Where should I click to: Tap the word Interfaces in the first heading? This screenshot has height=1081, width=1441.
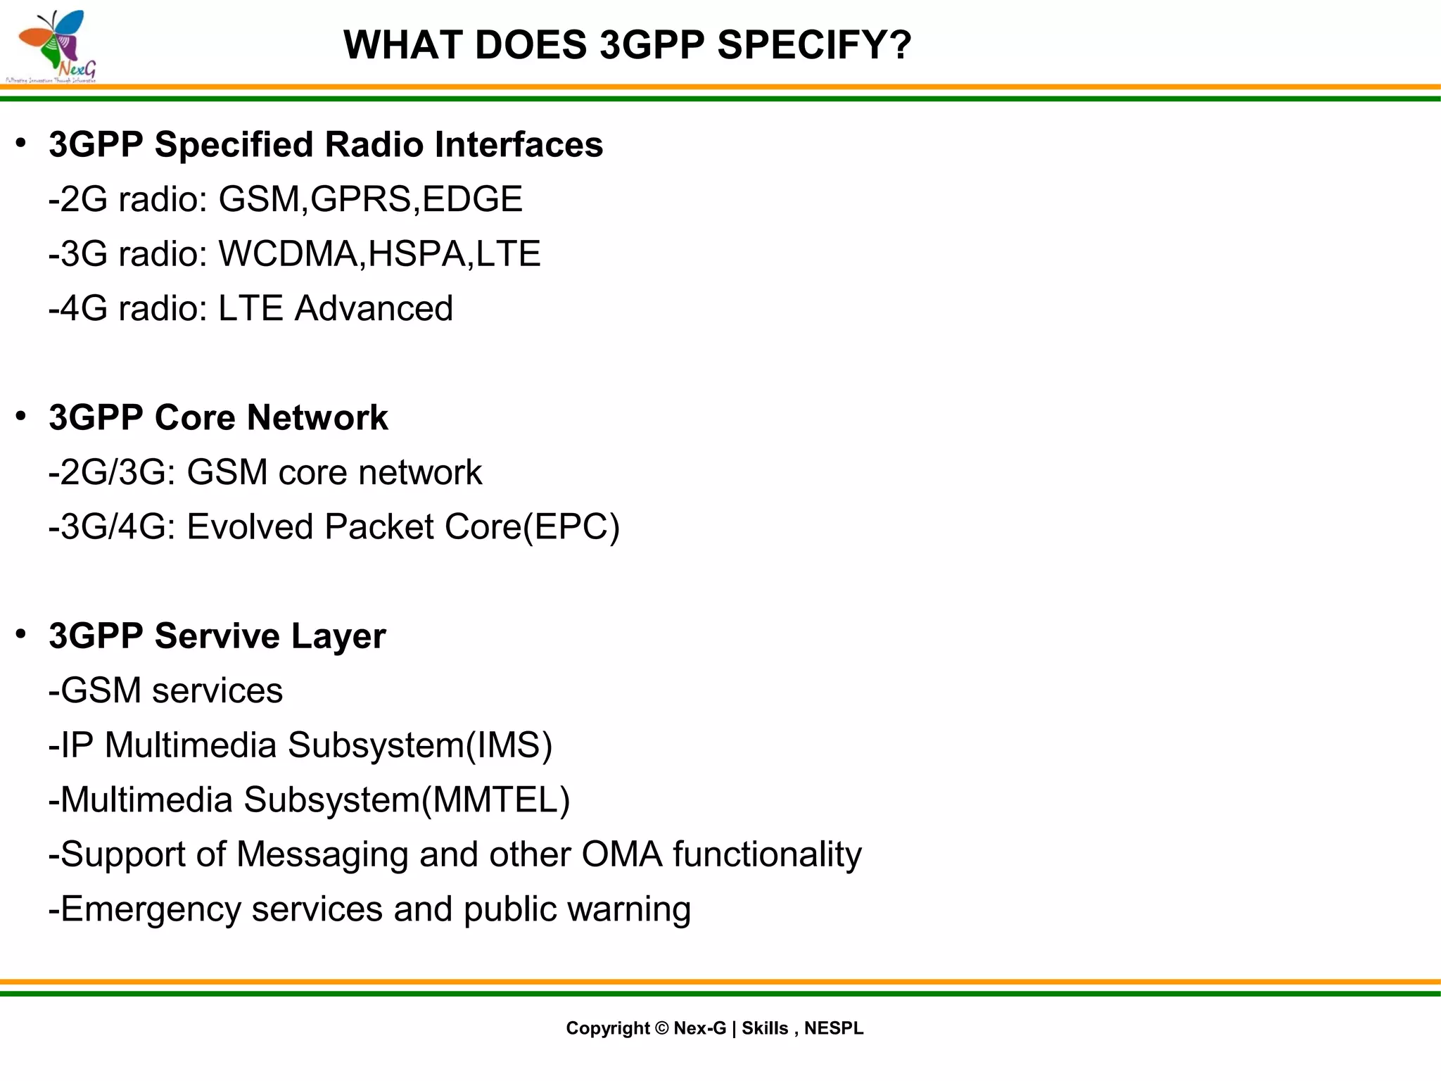tap(519, 145)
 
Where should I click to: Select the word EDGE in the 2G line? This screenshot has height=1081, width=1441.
tap(473, 199)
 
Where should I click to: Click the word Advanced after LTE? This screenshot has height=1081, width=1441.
tap(374, 309)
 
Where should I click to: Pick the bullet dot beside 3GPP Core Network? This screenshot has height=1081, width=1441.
tap(21, 416)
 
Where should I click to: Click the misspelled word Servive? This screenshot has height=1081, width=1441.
tap(217, 636)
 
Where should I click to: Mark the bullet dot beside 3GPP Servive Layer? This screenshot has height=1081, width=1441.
tap(21, 634)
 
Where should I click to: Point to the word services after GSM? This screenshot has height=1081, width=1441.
tap(217, 691)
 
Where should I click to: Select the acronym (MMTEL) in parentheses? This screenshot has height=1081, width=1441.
tap(495, 800)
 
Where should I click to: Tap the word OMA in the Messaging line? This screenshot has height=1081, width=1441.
tap(622, 855)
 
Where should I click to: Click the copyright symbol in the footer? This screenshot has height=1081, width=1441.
tap(661, 1028)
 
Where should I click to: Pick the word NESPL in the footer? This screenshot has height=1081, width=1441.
tap(834, 1028)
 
